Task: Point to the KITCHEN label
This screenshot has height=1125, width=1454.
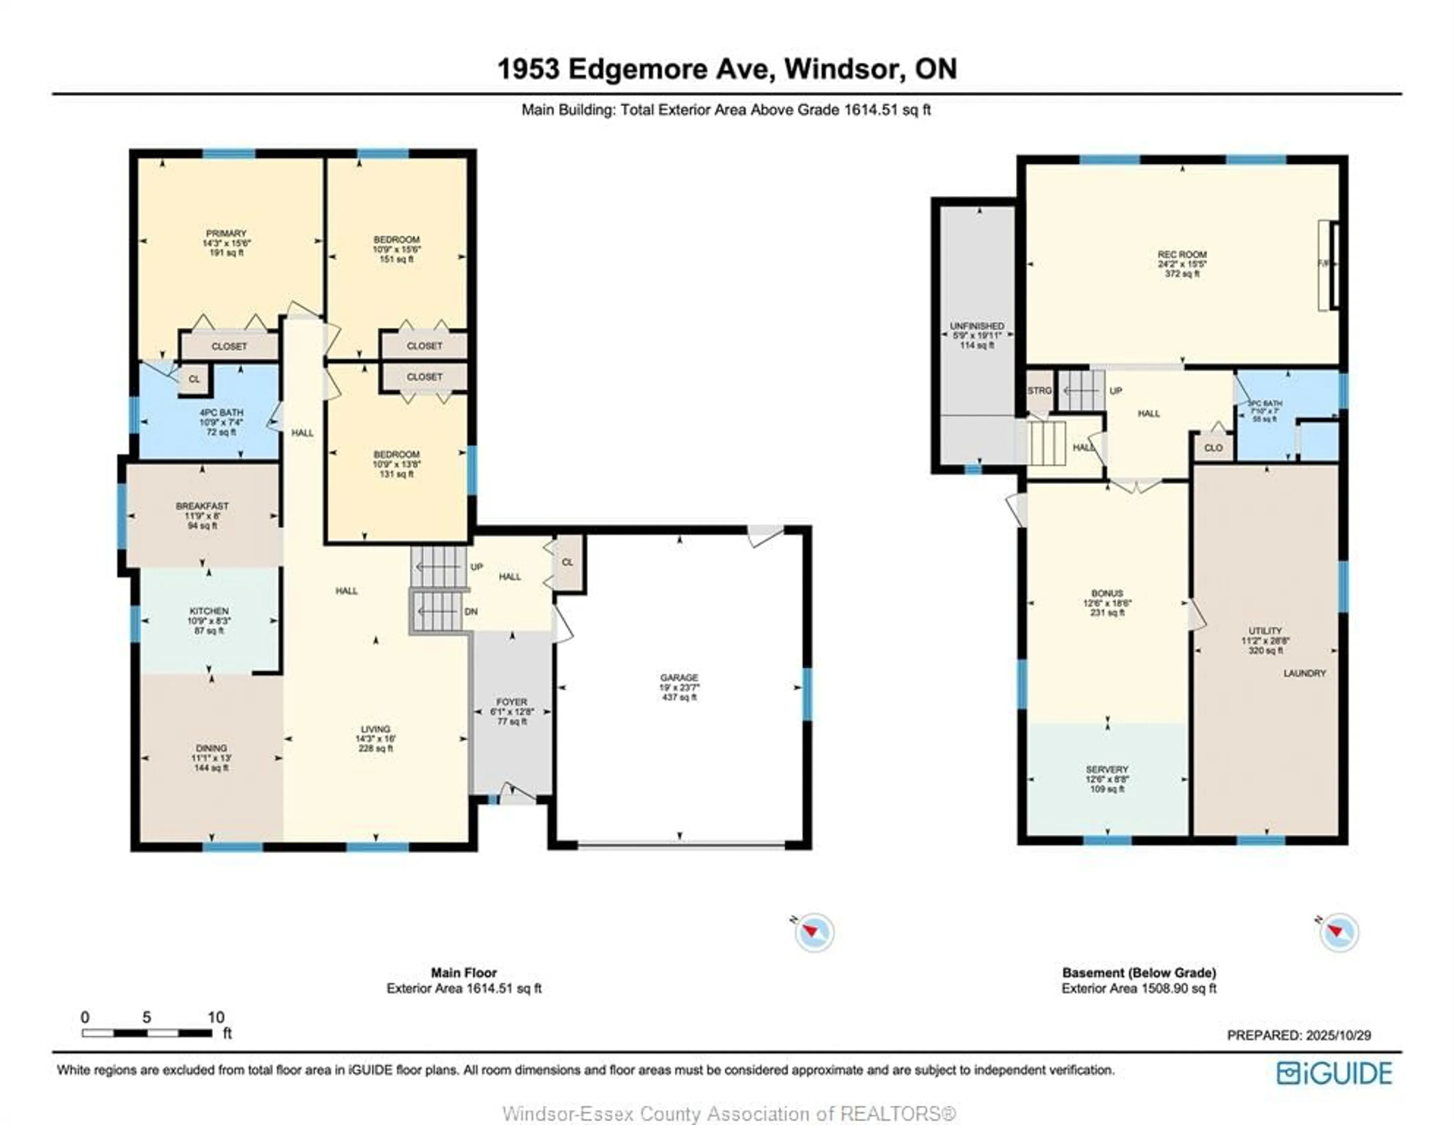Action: point(209,611)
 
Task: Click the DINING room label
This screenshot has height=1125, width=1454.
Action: point(211,748)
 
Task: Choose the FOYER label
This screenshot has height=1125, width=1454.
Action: point(511,702)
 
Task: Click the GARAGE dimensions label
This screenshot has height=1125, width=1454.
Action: point(679,687)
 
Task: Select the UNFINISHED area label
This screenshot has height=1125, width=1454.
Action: point(977,327)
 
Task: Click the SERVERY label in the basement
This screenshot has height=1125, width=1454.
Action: point(1107,769)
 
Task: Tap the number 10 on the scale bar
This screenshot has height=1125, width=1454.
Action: point(216,1017)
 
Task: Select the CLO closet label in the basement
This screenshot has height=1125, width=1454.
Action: point(1213,448)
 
